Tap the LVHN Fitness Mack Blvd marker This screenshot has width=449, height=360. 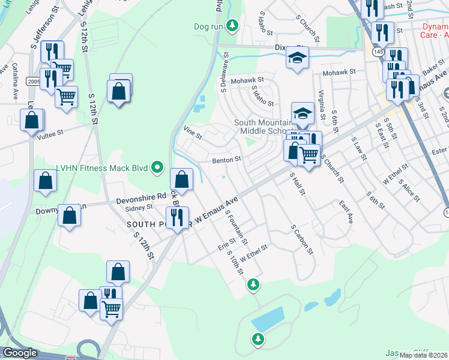tap(158, 167)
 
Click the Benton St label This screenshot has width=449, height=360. tap(226, 160)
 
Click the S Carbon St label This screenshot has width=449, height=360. tap(303, 239)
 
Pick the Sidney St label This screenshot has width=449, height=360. tap(142, 208)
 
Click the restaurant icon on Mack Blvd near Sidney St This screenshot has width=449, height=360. tap(178, 217)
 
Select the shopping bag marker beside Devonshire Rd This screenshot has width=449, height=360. tap(181, 179)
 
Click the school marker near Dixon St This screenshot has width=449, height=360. tap(297, 57)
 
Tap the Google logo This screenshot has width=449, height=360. tap(20, 353)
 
